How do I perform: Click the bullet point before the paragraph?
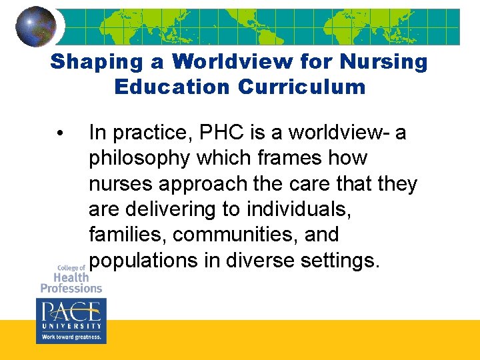coord(61,134)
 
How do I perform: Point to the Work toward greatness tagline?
coord(71,337)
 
